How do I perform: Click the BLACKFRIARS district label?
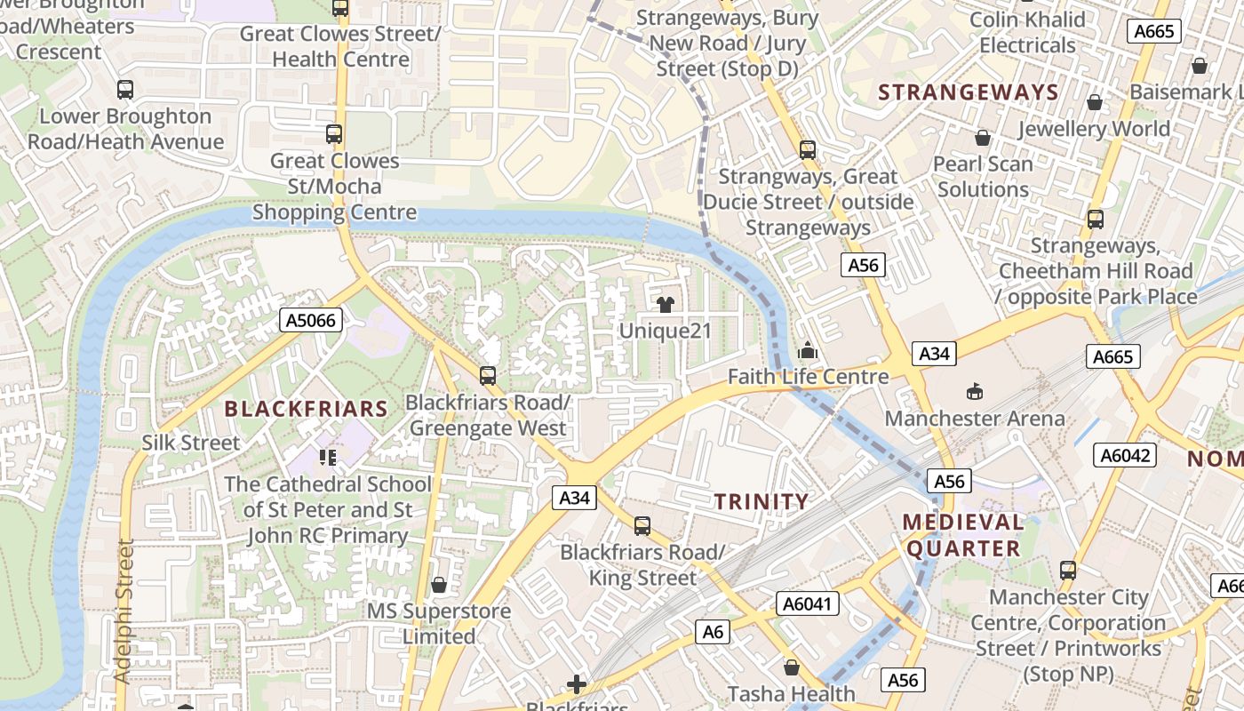point(306,409)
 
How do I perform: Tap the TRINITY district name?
point(762,501)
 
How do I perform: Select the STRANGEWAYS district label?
point(969,92)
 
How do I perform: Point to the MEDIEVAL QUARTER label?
point(963,535)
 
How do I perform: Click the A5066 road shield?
point(312,320)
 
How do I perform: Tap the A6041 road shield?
point(807,603)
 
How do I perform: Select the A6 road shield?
point(713,632)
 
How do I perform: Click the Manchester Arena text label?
point(975,418)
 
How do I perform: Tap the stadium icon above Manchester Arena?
point(975,391)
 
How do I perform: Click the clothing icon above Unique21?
point(665,305)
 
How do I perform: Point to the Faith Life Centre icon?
point(807,350)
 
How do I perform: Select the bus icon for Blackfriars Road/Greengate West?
point(487,376)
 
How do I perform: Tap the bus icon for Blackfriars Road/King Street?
point(642,526)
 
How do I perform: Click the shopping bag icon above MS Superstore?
point(439,585)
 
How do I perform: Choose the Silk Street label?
point(191,443)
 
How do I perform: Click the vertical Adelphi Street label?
point(124,611)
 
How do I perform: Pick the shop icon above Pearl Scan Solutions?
point(983,138)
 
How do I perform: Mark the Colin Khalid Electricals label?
point(1027,32)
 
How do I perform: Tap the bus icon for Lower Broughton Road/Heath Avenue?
point(125,90)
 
